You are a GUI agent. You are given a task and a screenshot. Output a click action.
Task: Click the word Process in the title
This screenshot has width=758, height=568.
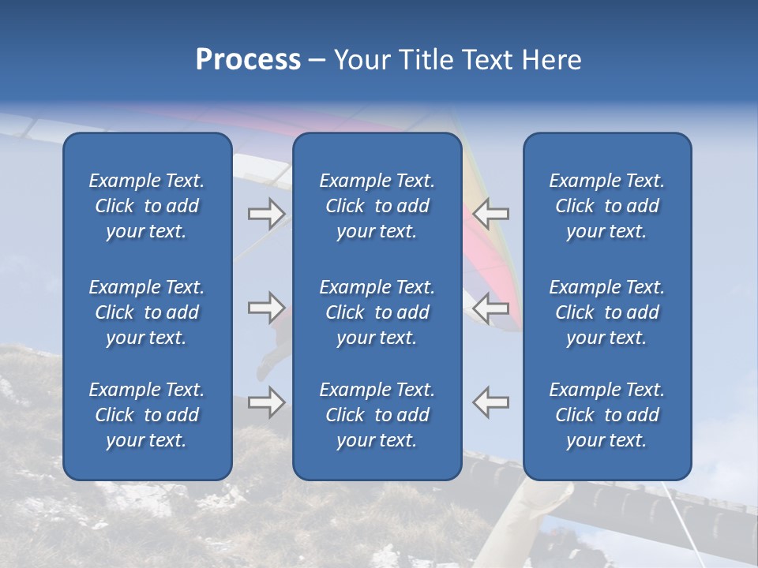[248, 60]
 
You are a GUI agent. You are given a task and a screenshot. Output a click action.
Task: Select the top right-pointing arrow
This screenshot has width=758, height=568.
[266, 213]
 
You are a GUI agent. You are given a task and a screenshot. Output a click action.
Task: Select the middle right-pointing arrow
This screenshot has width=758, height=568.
[266, 308]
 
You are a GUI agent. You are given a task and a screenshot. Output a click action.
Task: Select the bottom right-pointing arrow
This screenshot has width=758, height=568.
[266, 402]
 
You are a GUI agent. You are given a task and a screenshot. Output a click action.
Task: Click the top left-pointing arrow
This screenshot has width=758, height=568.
[491, 213]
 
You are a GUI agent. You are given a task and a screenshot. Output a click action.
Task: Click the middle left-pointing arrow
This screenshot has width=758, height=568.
[491, 308]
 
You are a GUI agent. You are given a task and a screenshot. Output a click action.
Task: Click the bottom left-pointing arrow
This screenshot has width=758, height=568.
[491, 402]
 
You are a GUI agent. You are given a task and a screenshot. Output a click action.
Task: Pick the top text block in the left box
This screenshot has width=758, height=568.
[147, 206]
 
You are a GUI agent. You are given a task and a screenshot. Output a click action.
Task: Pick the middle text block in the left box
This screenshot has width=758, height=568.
[147, 312]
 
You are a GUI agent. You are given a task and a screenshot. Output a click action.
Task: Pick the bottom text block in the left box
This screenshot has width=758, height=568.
[147, 415]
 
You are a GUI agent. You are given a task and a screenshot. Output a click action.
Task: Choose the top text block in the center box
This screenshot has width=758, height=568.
[377, 206]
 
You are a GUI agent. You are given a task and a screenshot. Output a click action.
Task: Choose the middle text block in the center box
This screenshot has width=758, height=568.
[377, 312]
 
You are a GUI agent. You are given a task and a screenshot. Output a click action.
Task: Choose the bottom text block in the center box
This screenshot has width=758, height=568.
[377, 415]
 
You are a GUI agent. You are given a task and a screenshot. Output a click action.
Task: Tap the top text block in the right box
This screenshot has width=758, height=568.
[607, 206]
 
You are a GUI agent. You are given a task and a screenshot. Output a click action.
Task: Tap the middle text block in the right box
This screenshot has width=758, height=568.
[607, 312]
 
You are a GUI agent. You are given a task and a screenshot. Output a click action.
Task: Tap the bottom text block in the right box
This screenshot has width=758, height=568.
[607, 415]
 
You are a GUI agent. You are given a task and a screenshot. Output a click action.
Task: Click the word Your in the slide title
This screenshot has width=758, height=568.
[362, 60]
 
